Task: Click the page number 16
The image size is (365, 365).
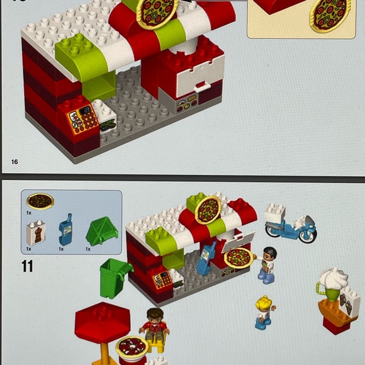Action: click(x=14, y=162)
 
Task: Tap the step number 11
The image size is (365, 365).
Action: click(x=27, y=266)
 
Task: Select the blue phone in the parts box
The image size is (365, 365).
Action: click(x=65, y=230)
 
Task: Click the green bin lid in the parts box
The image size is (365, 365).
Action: click(x=102, y=231)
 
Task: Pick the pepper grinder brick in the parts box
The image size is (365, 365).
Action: click(x=36, y=233)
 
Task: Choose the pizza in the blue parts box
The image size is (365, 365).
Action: click(x=40, y=201)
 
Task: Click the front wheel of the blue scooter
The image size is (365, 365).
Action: click(x=308, y=234)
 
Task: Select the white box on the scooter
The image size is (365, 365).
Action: click(x=274, y=213)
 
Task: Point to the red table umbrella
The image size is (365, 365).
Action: click(x=102, y=322)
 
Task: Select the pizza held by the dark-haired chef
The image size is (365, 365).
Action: click(x=239, y=257)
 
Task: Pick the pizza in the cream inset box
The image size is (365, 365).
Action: click(x=330, y=14)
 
